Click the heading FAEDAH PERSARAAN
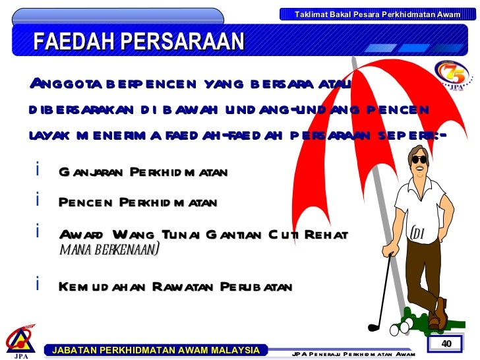pos(138,42)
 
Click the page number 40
pos(446,344)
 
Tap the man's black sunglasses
pos(419,159)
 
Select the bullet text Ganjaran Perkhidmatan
pos(143,173)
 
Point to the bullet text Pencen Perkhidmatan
pos(138,203)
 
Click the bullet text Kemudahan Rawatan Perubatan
pos(175,287)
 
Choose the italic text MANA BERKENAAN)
pos(109,250)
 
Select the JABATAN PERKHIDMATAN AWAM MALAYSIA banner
pos(156,350)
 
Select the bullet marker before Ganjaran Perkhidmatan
pos(39,170)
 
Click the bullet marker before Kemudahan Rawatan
pos(39,284)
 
